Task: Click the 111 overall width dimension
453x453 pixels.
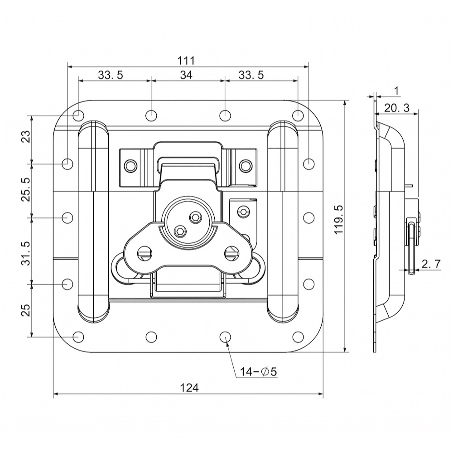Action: (x=186, y=61)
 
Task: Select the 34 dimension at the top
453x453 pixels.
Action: (x=186, y=75)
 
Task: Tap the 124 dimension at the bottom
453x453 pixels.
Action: (x=189, y=388)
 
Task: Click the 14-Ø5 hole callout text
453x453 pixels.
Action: (x=259, y=371)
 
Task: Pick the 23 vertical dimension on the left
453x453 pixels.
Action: (x=26, y=137)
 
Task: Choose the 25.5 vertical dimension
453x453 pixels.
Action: (x=26, y=189)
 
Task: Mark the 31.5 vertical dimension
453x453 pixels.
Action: (x=26, y=253)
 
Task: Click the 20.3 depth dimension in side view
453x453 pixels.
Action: (x=397, y=108)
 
